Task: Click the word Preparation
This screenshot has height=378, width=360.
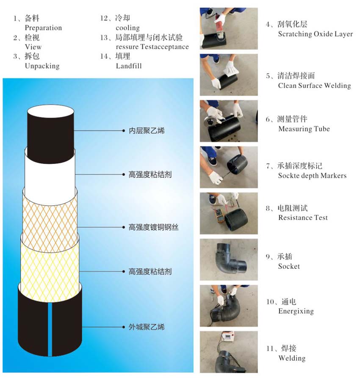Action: tap(43, 28)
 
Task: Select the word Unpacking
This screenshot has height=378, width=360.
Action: tap(42, 66)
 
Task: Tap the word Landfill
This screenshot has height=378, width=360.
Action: tap(128, 66)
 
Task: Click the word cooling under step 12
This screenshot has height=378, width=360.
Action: tap(127, 28)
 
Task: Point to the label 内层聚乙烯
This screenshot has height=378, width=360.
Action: tap(147, 131)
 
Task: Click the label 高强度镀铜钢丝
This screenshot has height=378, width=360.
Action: tap(153, 227)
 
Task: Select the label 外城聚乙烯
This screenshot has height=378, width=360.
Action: tap(147, 327)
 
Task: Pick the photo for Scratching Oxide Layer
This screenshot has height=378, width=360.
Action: tap(229, 28)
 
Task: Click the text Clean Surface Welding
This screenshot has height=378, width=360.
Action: tap(314, 86)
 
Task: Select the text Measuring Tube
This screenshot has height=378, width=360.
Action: tap(304, 129)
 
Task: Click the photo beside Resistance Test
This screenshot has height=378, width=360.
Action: tap(229, 213)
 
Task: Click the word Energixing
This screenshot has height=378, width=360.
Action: tap(296, 311)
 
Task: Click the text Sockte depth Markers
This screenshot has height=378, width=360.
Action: tap(312, 176)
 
